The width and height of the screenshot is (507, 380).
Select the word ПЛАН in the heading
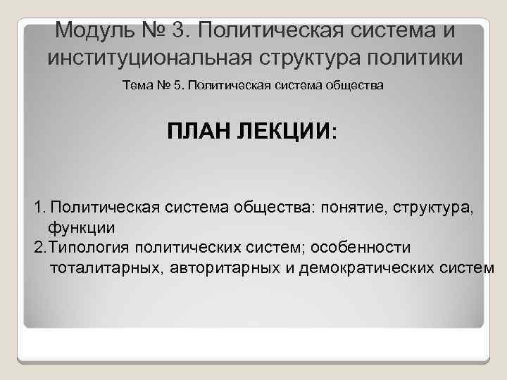tap(202, 132)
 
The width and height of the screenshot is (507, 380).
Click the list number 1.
tap(39, 208)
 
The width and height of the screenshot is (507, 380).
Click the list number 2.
tap(39, 248)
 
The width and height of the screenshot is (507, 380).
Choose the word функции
tap(81, 228)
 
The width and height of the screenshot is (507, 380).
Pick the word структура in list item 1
tap(434, 208)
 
